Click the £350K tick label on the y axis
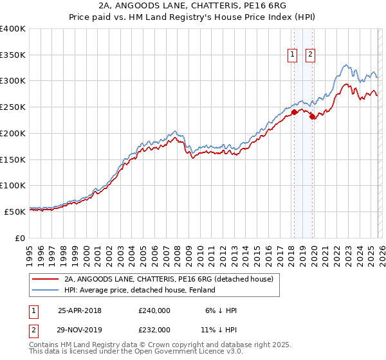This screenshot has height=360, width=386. click(x=13, y=55)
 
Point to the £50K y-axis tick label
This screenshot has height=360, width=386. click(x=15, y=212)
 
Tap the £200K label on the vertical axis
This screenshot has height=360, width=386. click(x=13, y=133)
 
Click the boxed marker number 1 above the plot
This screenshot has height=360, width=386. click(x=293, y=55)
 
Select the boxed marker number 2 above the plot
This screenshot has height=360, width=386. click(x=310, y=55)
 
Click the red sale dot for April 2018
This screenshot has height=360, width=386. click(x=294, y=112)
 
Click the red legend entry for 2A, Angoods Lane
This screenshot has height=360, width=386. click(x=169, y=279)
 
